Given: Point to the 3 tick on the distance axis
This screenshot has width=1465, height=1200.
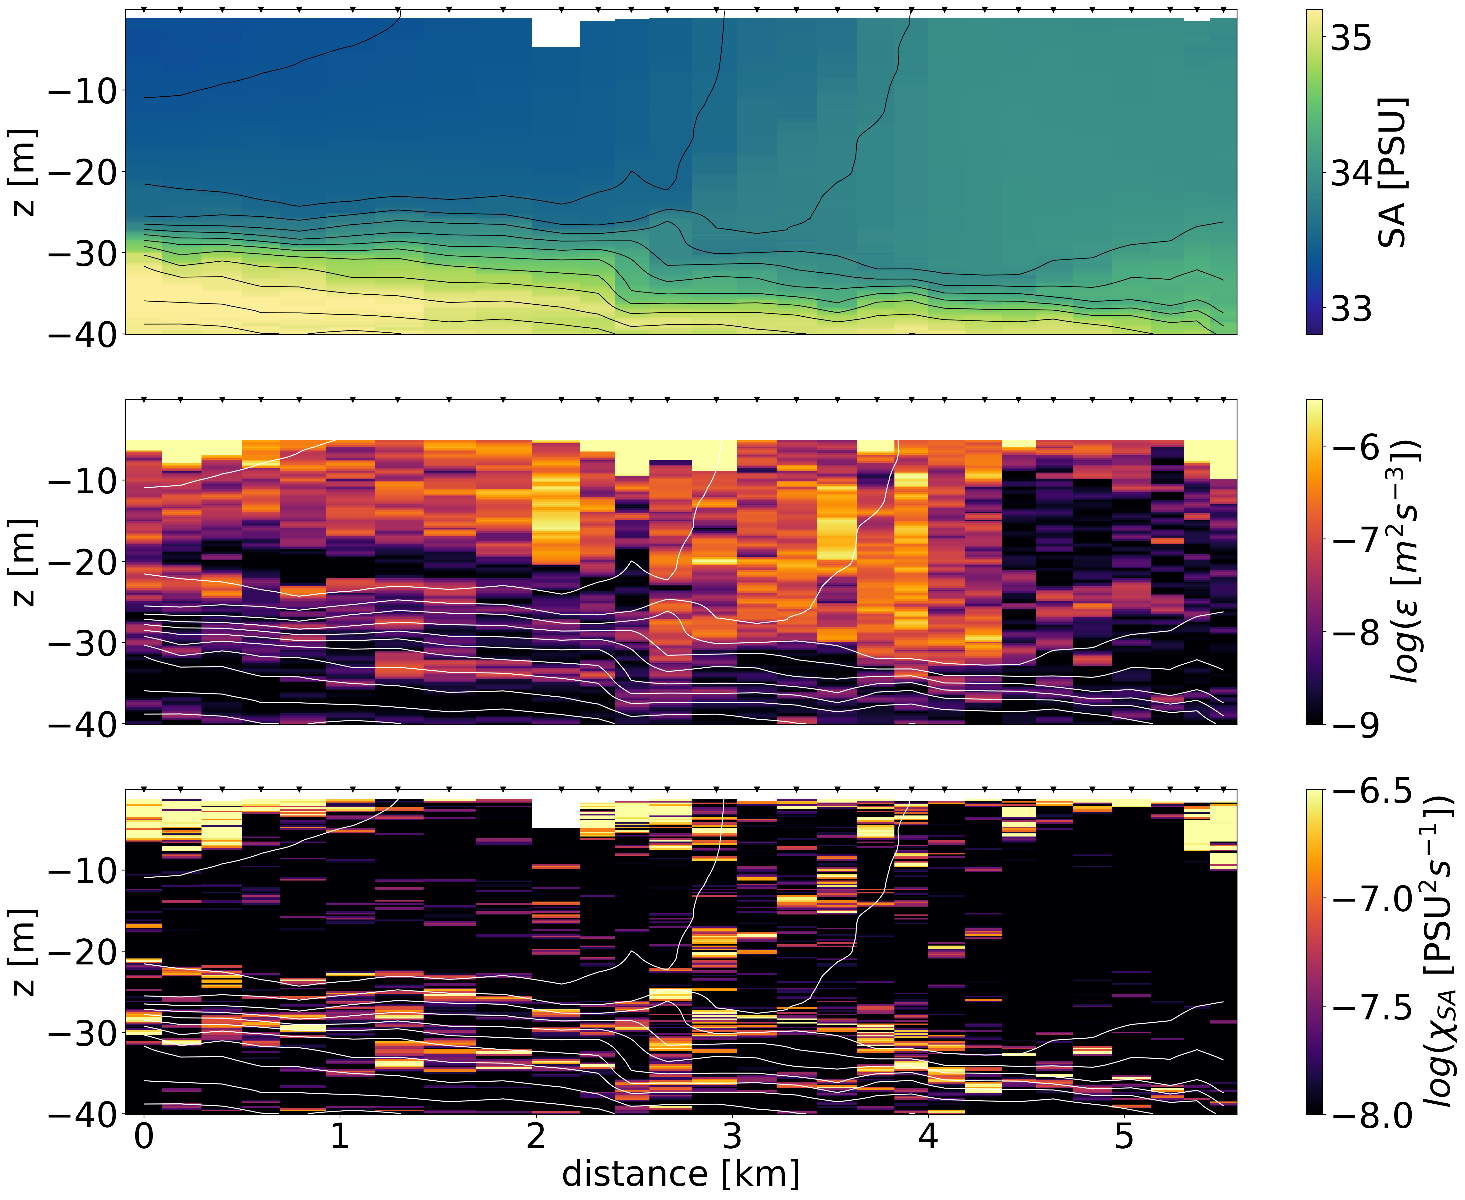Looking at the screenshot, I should (x=732, y=1136).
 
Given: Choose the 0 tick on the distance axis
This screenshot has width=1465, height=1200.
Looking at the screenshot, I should (x=144, y=1136).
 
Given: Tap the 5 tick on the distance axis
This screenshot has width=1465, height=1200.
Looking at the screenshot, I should (x=1124, y=1136).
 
